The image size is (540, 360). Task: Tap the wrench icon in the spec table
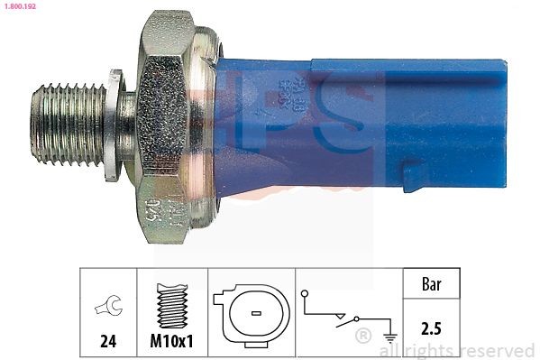click(107, 309)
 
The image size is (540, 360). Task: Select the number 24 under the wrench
click(107, 342)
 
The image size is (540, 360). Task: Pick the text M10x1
click(171, 342)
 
